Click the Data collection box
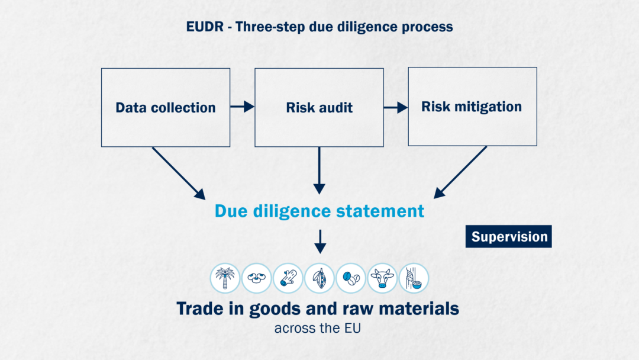pyautogui.click(x=166, y=107)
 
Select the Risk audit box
pyautogui.click(x=319, y=107)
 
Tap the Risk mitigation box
pyautogui.click(x=472, y=107)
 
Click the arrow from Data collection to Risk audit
pyautogui.click(x=242, y=107)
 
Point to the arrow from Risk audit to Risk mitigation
pyautogui.click(x=396, y=107)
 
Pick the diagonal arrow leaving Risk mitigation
pyautogui.click(x=461, y=172)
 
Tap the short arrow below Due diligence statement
pyautogui.click(x=319, y=241)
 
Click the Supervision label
pyautogui.click(x=509, y=236)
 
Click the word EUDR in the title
pyautogui.click(x=204, y=27)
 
